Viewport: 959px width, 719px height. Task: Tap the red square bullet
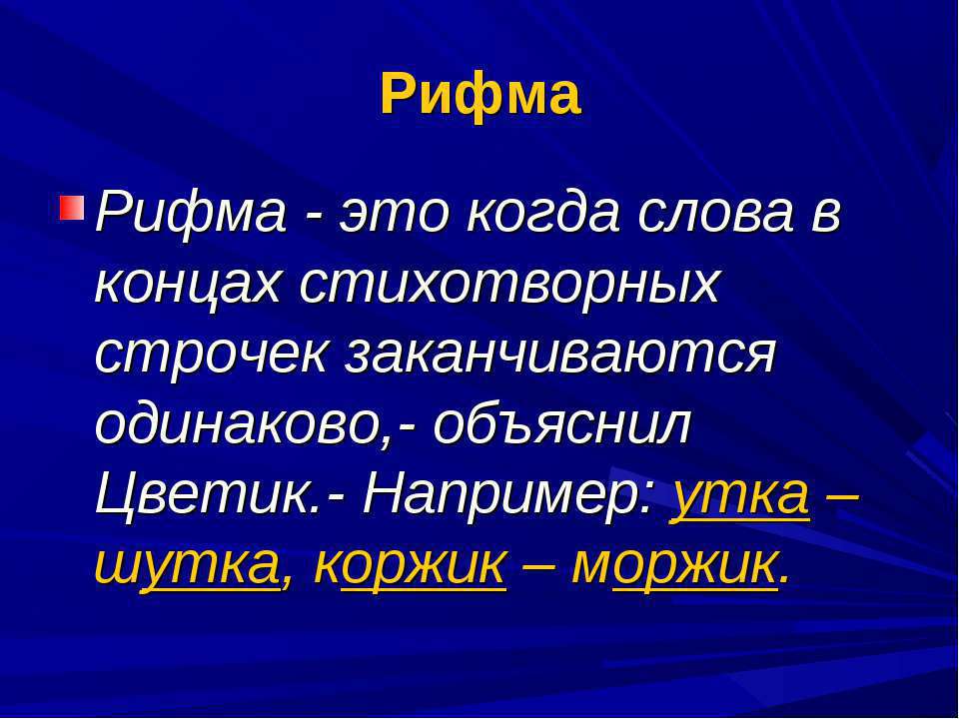click(72, 207)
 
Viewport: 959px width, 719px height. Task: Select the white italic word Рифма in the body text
click(191, 214)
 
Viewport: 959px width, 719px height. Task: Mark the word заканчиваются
click(560, 356)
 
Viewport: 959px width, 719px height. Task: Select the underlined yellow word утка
click(740, 498)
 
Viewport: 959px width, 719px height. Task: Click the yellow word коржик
click(411, 565)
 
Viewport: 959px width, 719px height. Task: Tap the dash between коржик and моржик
click(538, 568)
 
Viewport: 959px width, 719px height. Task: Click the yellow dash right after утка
click(843, 498)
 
